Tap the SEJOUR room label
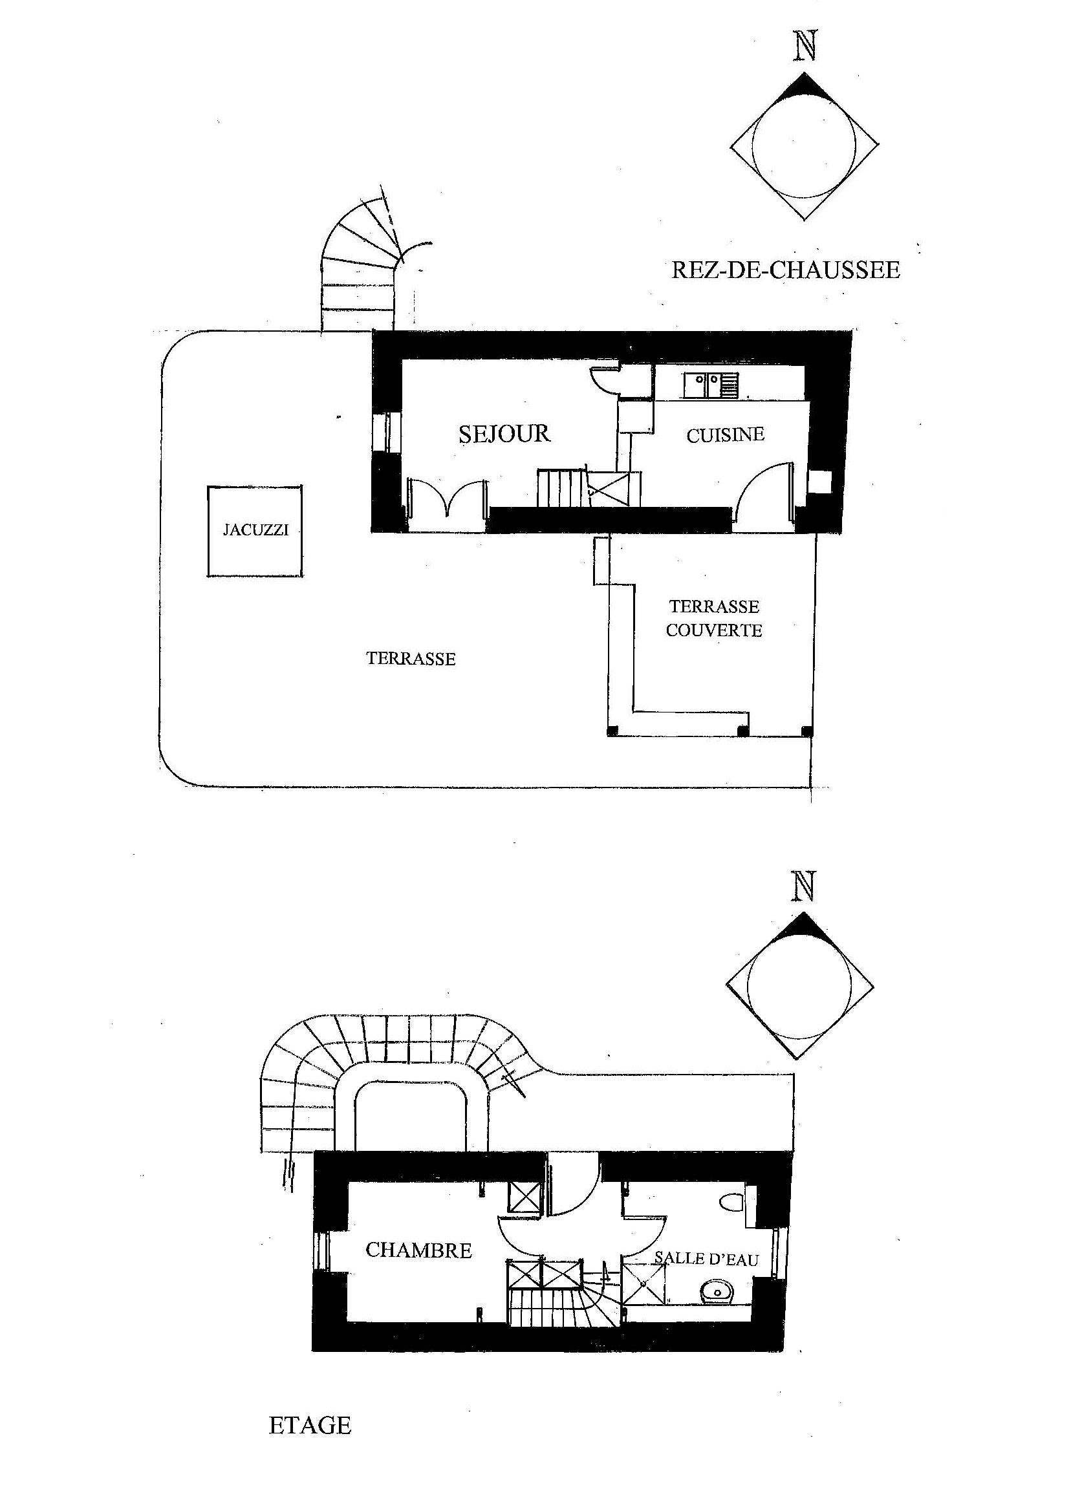pos(504,433)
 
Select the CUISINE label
pos(725,435)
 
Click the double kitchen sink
pos(711,385)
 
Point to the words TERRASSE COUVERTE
pos(713,617)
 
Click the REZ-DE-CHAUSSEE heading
pos(785,270)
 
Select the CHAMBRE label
pos(419,1250)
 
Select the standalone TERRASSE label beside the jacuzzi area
pos(411,659)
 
